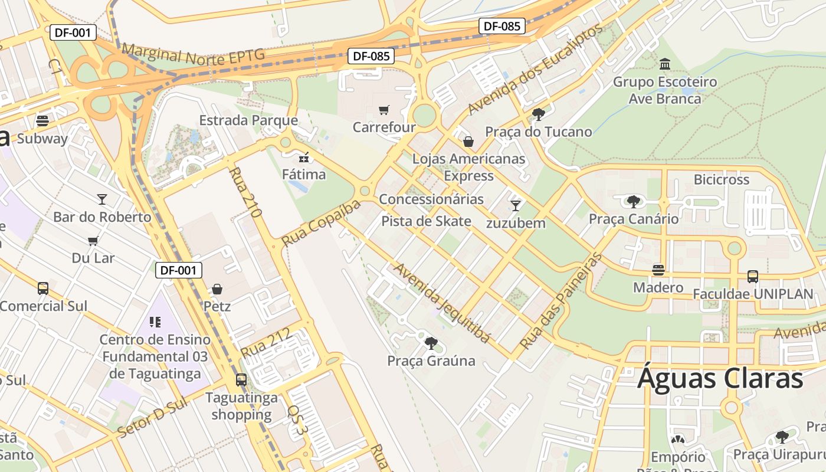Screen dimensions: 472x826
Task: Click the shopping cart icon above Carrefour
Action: click(x=383, y=110)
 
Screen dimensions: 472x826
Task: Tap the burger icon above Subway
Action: click(x=42, y=121)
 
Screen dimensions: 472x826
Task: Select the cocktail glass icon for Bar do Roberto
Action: click(x=102, y=199)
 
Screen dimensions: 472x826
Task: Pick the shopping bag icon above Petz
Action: click(x=217, y=289)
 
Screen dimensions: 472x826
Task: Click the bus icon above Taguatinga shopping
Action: click(x=241, y=380)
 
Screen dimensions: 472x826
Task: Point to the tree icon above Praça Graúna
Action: click(x=431, y=343)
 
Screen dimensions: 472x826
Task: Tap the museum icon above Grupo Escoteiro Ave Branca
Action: click(x=665, y=64)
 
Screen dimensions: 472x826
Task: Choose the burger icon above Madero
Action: click(x=658, y=270)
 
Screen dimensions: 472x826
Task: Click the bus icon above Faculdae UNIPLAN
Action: click(x=752, y=276)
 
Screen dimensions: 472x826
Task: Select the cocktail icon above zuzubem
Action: click(x=516, y=205)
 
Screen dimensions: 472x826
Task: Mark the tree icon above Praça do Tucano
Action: click(x=537, y=114)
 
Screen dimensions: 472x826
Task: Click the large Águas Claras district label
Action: click(x=720, y=379)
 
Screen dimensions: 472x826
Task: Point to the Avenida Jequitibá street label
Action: click(x=442, y=303)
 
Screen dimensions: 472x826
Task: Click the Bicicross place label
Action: click(x=721, y=179)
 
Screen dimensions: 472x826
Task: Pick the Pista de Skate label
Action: click(x=427, y=221)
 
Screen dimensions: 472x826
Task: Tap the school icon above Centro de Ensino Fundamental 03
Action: click(x=155, y=322)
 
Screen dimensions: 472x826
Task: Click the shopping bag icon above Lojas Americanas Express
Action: click(x=468, y=142)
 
